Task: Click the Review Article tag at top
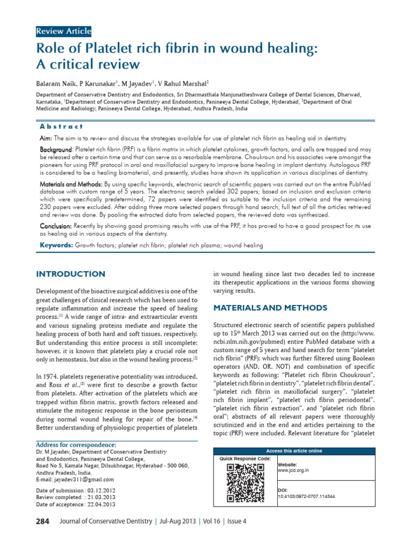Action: coord(63,32)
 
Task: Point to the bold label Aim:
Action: coord(46,138)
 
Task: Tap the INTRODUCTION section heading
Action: coord(71,274)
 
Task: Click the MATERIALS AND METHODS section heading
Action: coord(270,308)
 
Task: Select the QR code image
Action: coord(246,483)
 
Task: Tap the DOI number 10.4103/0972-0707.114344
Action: coord(306,496)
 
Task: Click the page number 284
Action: coord(43,521)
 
